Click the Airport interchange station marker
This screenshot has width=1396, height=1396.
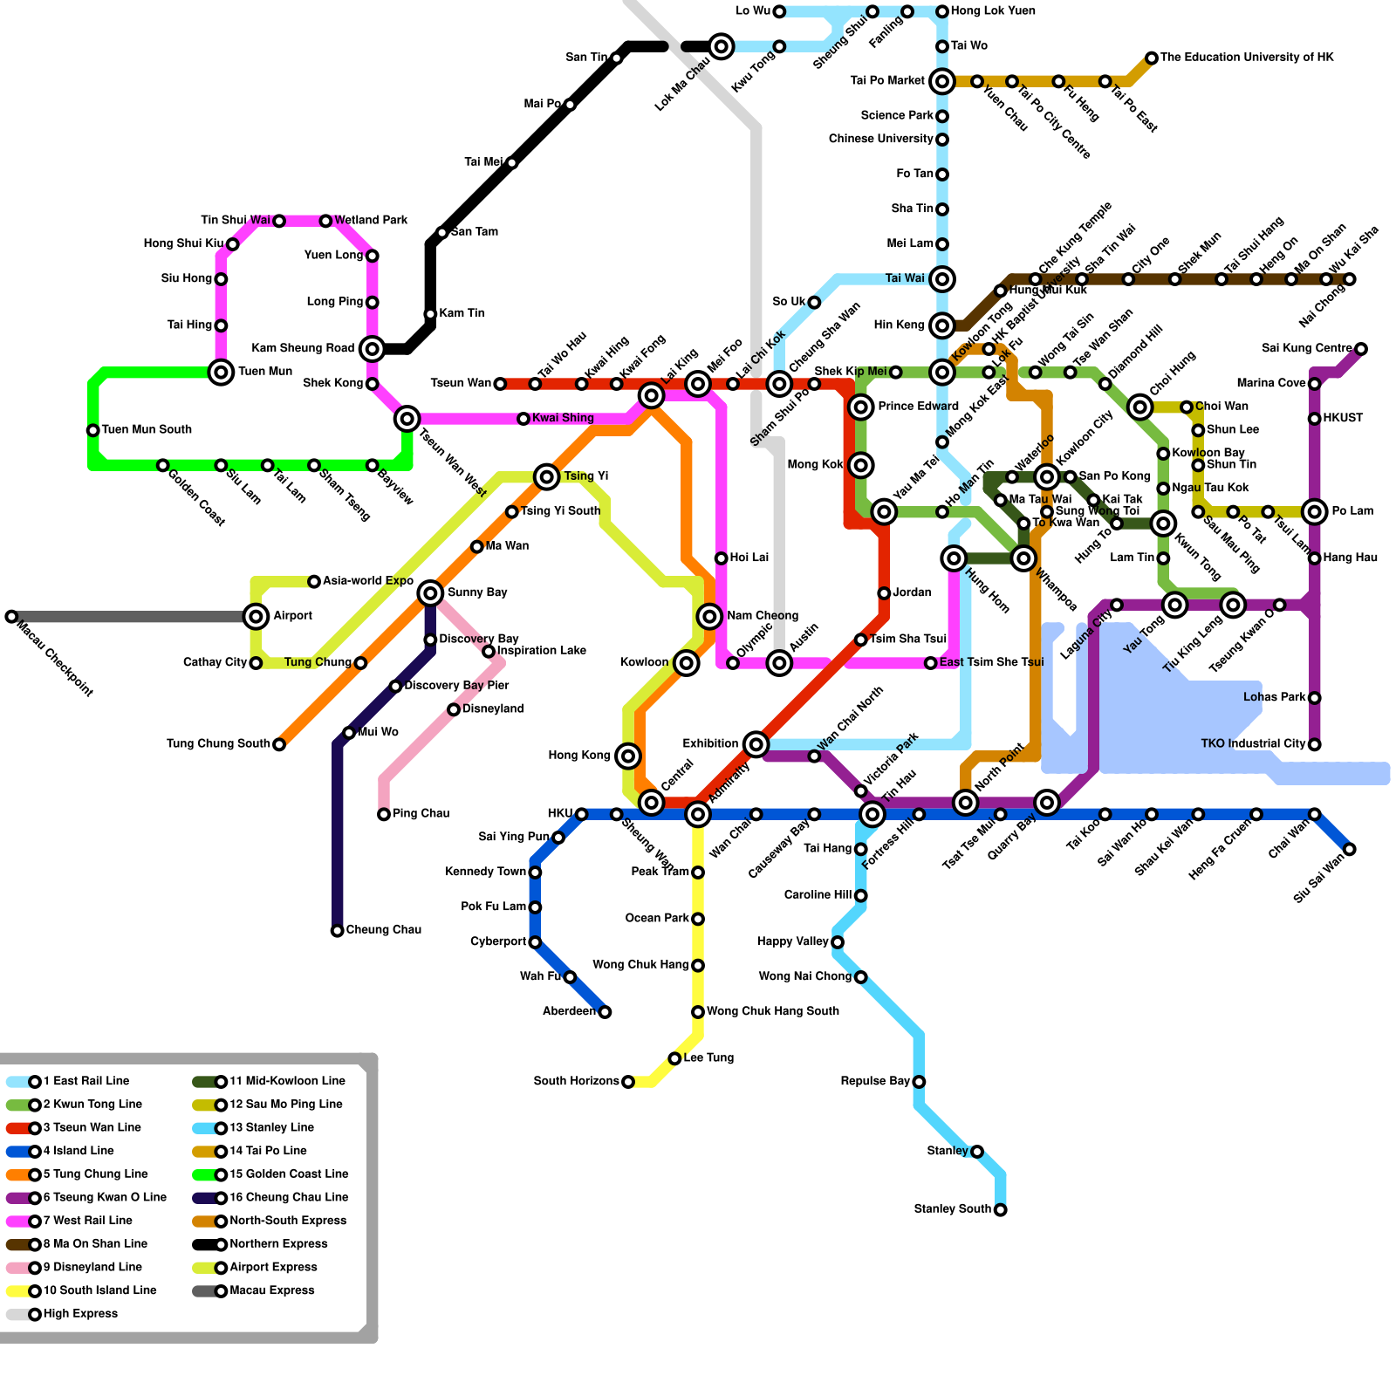coord(256,617)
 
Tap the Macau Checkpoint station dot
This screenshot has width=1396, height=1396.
coord(11,617)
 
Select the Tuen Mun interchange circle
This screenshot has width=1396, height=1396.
coord(222,373)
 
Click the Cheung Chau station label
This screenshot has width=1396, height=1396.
coord(383,930)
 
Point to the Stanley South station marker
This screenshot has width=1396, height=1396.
coord(1001,1209)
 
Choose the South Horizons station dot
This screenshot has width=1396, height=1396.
coord(628,1082)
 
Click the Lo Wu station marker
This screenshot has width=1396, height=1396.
coord(779,11)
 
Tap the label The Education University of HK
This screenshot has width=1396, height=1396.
coord(1247,58)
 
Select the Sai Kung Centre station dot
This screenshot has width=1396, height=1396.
coord(1361,349)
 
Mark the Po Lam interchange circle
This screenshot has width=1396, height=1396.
coord(1315,511)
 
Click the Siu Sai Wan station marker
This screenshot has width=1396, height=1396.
coord(1350,849)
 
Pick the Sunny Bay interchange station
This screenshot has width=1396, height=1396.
coord(430,593)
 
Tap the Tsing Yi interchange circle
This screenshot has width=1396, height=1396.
coord(547,476)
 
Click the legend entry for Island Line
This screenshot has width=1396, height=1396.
coord(78,1151)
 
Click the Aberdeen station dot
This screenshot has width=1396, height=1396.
coord(605,1012)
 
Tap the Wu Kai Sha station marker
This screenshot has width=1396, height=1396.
coord(1350,279)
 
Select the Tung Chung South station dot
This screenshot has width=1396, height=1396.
coord(279,744)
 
